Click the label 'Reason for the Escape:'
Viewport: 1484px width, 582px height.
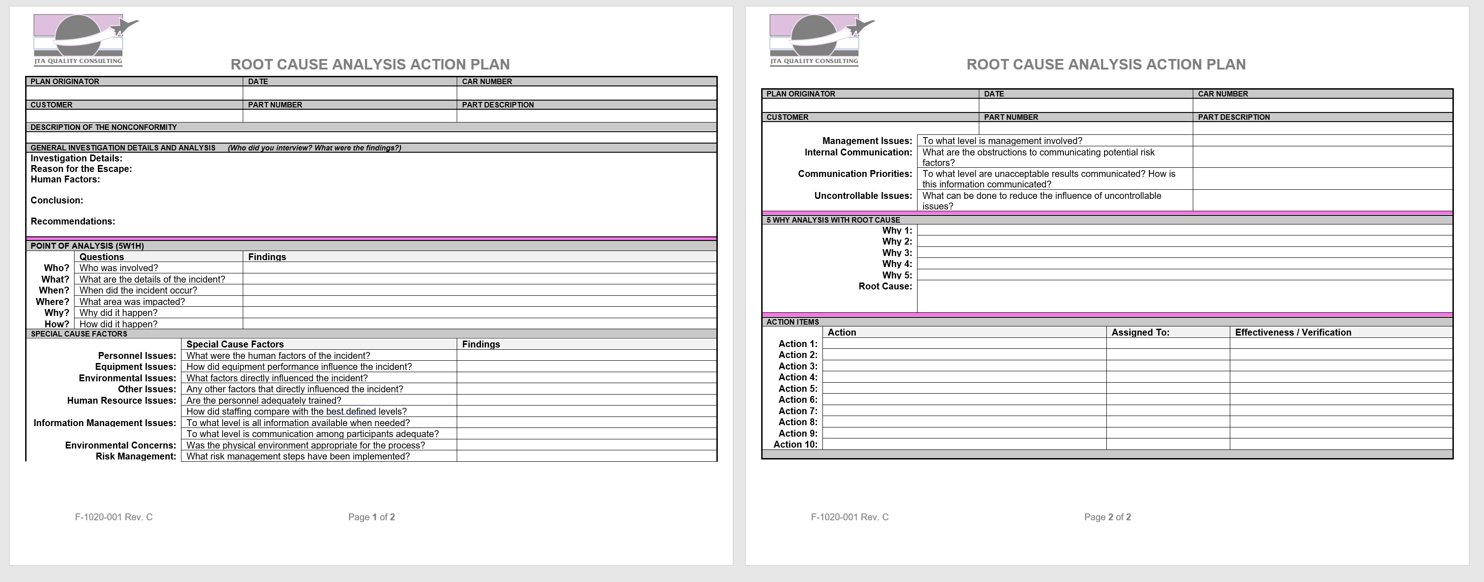click(x=81, y=169)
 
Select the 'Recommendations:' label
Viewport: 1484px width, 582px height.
click(x=73, y=221)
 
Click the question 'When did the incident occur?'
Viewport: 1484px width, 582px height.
click(x=138, y=290)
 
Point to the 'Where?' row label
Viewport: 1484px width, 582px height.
click(x=53, y=302)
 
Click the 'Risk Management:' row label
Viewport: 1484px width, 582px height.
click(x=136, y=456)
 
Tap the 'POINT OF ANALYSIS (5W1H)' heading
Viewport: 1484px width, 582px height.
click(x=87, y=246)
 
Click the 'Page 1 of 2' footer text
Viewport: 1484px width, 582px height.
click(x=372, y=518)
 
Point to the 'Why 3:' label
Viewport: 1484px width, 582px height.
click(x=897, y=253)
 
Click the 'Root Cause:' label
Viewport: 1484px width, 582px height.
click(x=885, y=286)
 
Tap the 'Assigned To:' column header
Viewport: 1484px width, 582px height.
click(x=1140, y=332)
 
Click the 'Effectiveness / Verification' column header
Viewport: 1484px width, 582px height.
click(x=1293, y=332)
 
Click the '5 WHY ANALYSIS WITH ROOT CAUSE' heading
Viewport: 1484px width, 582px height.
click(x=833, y=220)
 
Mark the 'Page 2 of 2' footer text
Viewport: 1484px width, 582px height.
click(x=1107, y=518)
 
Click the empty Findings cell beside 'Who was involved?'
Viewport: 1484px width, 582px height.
click(x=479, y=268)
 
